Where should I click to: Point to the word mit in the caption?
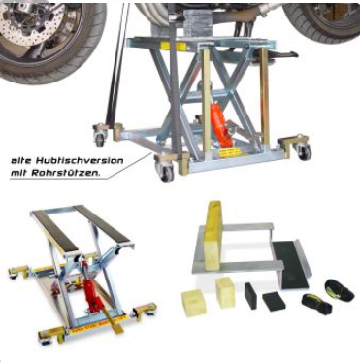tap(18, 173)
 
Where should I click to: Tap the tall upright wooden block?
tap(213, 235)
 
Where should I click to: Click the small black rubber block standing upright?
tap(251, 296)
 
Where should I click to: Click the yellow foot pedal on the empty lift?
tap(115, 322)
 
